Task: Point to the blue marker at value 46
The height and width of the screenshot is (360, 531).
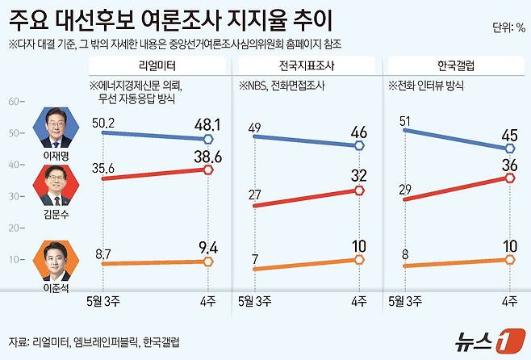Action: pos(358,146)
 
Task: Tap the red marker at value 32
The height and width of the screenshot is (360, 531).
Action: pos(358,190)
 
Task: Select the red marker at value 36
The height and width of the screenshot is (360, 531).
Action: pos(509,178)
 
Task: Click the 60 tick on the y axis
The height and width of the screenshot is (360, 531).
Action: pos(13,102)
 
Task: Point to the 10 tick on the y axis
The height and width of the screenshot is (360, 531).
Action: pos(13,259)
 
